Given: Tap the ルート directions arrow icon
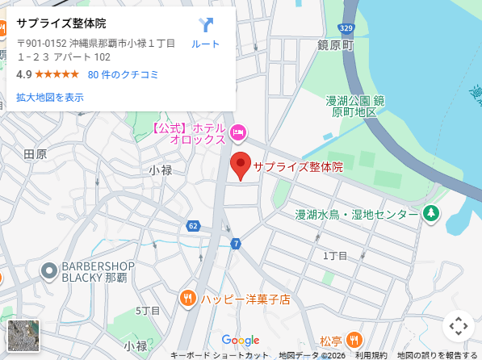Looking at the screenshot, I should coord(205,25).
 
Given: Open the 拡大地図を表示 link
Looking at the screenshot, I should coord(50,98).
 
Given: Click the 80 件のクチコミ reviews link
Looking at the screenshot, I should coord(124,74).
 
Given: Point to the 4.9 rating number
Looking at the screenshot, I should coord(23,74).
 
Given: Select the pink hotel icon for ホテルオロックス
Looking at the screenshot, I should coord(238,132).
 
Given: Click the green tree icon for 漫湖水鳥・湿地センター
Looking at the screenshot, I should coord(431,214).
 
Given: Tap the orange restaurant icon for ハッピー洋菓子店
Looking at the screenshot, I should coord(188,298).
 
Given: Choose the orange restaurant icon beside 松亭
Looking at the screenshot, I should coord(354,339).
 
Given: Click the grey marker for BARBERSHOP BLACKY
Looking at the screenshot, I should coord(49,271).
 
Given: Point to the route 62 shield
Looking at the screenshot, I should coord(193,225).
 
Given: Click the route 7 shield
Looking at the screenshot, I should coord(235,242).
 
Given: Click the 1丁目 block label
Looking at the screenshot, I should coord(335,255).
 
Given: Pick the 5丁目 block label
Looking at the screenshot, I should coord(148,311).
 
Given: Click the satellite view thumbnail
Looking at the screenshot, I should coord(23,336).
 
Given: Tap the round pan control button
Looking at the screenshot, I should coord(458,327).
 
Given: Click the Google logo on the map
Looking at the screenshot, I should coord(241,340).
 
